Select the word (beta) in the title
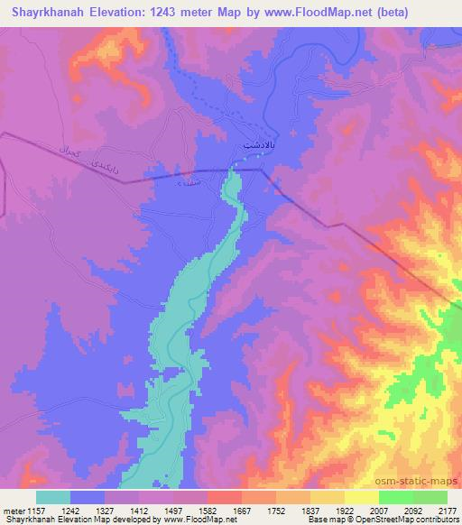click(x=387, y=13)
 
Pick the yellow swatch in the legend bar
click(x=362, y=497)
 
